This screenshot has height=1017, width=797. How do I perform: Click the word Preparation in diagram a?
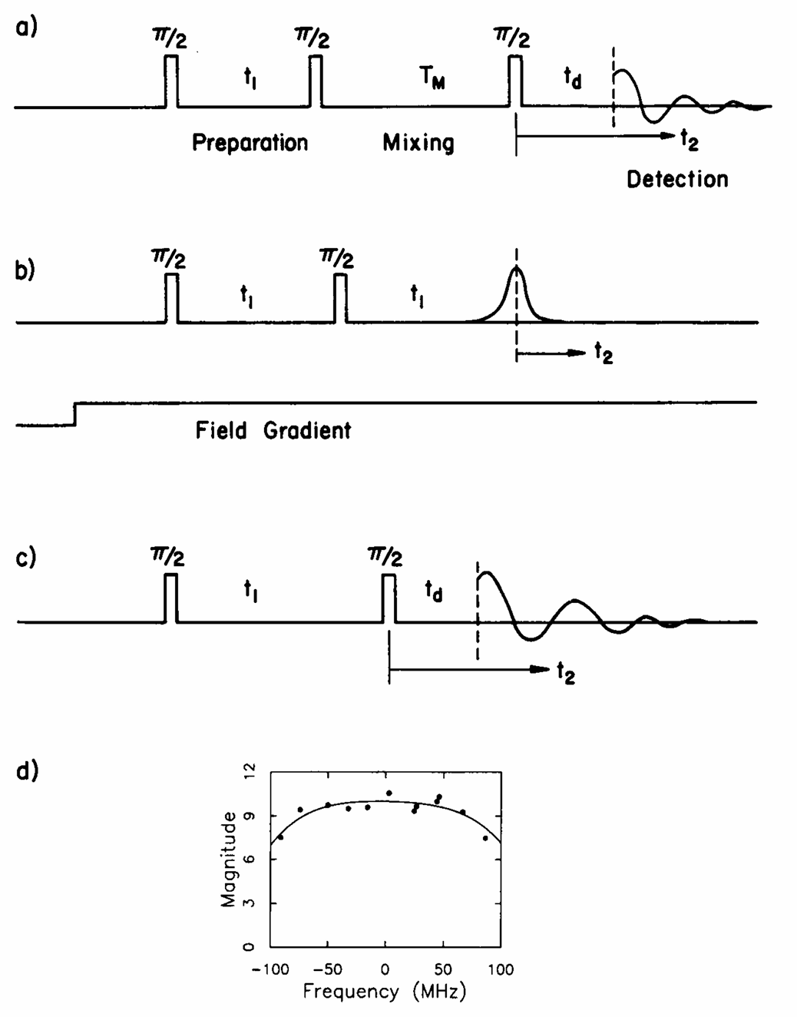[250, 143]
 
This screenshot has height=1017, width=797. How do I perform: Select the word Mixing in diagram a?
[418, 143]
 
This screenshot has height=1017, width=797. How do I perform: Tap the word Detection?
[677, 180]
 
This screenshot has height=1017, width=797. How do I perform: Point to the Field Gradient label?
[273, 430]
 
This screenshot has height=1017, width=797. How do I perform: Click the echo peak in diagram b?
[517, 269]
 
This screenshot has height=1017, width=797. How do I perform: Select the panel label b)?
[25, 271]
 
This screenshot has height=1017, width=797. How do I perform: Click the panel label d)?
[27, 770]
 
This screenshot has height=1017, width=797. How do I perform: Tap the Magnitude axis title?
[228, 860]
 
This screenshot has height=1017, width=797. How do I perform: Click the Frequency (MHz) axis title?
[384, 991]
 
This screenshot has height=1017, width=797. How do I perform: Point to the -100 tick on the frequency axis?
[270, 969]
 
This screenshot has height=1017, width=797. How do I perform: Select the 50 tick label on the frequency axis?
[443, 969]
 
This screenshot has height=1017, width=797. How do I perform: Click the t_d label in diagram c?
[434, 591]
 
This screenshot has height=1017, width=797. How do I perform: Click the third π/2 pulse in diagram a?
[515, 81]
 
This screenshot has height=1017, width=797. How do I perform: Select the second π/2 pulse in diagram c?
[389, 598]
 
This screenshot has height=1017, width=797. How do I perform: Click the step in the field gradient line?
[74, 412]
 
